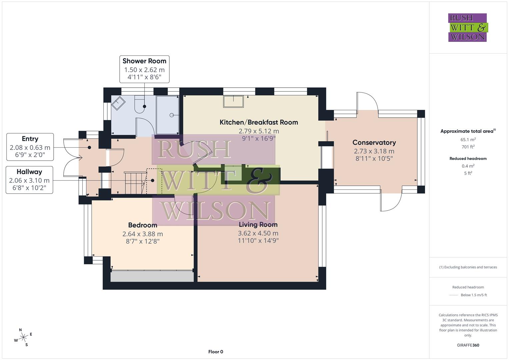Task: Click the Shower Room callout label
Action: (x=144, y=69)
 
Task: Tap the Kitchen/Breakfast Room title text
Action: (x=259, y=122)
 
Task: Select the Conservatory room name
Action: (x=374, y=142)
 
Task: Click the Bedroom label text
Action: (x=143, y=225)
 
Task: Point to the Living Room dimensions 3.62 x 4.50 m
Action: (x=258, y=233)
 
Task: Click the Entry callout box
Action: (x=30, y=147)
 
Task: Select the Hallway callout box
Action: (x=29, y=180)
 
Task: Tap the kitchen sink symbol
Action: (x=233, y=101)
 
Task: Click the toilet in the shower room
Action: (x=140, y=104)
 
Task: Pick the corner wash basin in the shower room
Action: (x=118, y=103)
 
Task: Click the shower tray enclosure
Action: (x=168, y=115)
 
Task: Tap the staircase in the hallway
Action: (x=135, y=182)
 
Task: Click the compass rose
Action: (x=23, y=337)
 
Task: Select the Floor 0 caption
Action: (x=216, y=352)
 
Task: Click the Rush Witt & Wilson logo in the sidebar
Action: (x=467, y=27)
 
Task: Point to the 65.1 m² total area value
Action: (x=468, y=140)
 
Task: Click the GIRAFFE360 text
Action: (x=468, y=345)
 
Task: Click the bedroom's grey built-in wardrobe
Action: (x=152, y=276)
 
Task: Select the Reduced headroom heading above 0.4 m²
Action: (x=468, y=158)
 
